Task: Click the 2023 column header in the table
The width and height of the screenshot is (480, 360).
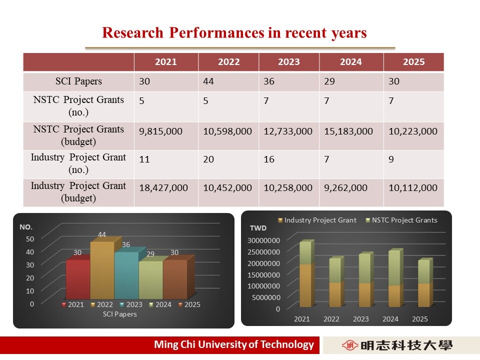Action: pos(288,62)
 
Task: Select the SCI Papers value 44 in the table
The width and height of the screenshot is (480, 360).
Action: pos(208,81)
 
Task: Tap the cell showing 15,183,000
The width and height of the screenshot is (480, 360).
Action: pos(348,131)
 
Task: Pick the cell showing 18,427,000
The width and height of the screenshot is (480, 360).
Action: pos(163,187)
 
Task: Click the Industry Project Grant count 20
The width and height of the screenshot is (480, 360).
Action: pos(208,159)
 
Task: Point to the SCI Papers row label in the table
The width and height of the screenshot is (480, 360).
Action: pos(78,81)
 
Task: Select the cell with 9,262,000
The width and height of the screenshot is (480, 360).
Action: pos(345,187)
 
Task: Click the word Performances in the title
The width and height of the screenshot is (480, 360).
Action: pos(216,32)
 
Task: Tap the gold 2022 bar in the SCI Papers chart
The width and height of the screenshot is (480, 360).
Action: pos(102,270)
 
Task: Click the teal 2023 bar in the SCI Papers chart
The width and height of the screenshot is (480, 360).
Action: pos(126,275)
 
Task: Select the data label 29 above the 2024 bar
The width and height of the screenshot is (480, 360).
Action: pos(150,254)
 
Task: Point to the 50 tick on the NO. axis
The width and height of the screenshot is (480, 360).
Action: pos(30,239)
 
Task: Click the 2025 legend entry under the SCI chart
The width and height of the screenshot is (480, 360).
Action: pos(189,304)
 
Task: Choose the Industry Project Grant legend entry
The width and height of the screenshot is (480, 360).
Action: pos(317,220)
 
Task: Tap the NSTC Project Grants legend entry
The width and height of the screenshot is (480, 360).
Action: pos(401,220)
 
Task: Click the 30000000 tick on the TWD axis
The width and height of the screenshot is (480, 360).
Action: pos(263,240)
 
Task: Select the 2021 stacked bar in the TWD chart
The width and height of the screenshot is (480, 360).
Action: pos(306,273)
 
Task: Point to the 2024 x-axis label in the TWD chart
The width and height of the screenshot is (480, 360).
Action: pos(390,319)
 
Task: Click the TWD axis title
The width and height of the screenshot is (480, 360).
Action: pos(258,228)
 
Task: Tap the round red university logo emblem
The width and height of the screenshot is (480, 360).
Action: pos(350,345)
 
